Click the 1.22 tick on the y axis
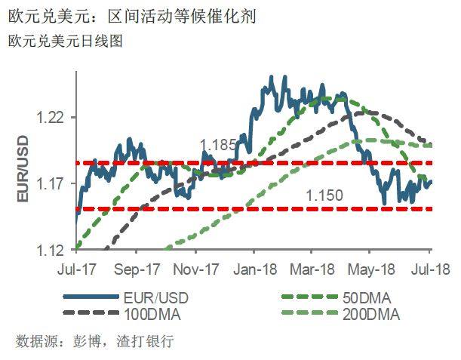pyautogui.click(x=52, y=118)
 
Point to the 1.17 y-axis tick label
pyautogui.click(x=52, y=184)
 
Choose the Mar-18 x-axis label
pyautogui.click(x=313, y=269)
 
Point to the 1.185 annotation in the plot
pyautogui.click(x=218, y=143)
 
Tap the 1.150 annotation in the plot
pyautogui.click(x=324, y=195)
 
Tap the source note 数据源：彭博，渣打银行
pyautogui.click(x=94, y=341)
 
